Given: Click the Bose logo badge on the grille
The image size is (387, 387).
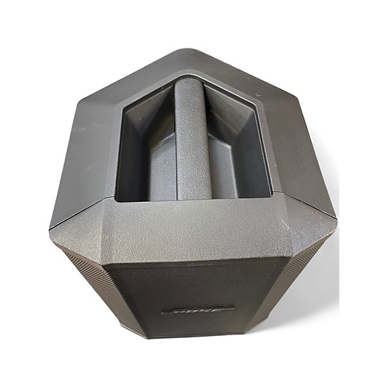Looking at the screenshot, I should click(198, 310).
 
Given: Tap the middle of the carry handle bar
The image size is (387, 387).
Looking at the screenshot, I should click(193, 142).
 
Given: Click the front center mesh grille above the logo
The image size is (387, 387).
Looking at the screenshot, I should click(197, 284).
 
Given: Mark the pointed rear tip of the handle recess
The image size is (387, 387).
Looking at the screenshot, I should click(192, 75).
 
